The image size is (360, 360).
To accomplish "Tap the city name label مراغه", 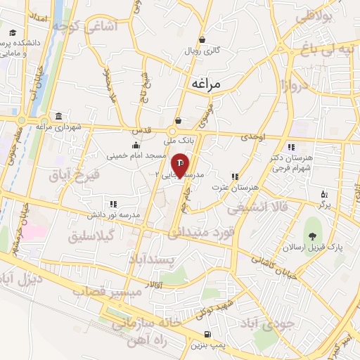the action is click(x=206, y=84).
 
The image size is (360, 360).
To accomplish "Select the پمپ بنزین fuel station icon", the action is click(x=207, y=334).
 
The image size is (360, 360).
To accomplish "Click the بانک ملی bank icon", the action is click(x=179, y=120).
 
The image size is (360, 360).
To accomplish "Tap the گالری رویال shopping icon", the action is click(x=202, y=40).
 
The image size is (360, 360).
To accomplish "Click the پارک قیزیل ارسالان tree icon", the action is click(x=312, y=236).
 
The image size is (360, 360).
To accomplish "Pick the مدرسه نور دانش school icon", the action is click(x=112, y=203).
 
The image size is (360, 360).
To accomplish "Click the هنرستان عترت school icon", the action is click(x=234, y=177).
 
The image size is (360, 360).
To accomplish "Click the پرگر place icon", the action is click(x=323, y=193).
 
